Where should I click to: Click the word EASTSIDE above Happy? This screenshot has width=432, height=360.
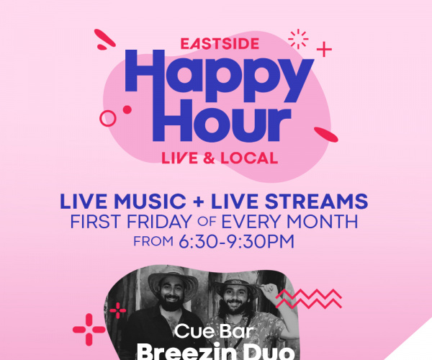(220, 44)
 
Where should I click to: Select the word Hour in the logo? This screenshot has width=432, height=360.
(222, 121)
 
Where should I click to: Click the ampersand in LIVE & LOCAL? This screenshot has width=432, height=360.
(209, 158)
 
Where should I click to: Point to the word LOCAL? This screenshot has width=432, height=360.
(249, 158)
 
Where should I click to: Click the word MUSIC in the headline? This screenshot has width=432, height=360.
(150, 201)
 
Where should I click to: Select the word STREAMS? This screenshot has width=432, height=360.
(316, 201)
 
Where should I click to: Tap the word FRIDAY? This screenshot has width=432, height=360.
(159, 222)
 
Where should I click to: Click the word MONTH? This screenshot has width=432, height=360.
(323, 222)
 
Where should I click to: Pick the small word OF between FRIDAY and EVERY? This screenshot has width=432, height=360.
(207, 222)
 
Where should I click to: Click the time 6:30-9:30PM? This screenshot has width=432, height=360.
(236, 242)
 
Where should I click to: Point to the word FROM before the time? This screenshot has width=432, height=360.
(153, 242)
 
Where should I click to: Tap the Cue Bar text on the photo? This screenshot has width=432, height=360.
(214, 330)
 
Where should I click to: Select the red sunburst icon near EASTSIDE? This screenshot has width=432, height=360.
(298, 39)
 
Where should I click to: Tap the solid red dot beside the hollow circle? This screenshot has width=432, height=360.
(127, 109)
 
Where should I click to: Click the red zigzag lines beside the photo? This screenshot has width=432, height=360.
(309, 299)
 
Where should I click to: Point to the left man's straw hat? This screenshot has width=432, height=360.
(173, 280)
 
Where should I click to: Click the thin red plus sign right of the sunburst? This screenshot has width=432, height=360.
(324, 50)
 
